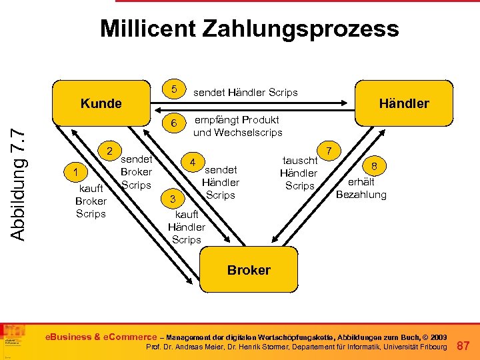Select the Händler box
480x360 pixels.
point(404,103)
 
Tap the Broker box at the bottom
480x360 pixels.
point(249,270)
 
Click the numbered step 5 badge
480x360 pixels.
point(174,89)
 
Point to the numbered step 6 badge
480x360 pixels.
point(174,123)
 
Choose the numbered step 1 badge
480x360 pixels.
point(77,173)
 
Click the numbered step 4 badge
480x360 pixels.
point(193,163)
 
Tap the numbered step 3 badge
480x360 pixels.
point(173,199)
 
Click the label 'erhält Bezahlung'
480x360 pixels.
point(361,188)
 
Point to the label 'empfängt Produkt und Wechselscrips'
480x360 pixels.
point(237,126)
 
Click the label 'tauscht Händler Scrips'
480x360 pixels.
point(299,173)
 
